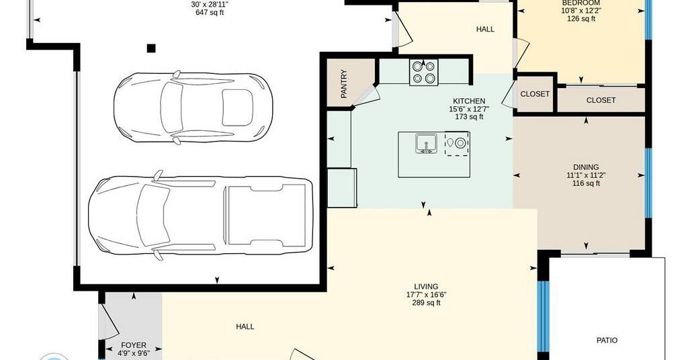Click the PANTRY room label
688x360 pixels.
344,83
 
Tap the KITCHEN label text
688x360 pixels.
469,101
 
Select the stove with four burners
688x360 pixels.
423,72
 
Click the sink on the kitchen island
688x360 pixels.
425,144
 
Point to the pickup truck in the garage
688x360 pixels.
201,215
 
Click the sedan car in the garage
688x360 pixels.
193,107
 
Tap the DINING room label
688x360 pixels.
586,167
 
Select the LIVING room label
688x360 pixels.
426,287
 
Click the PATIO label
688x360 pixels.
607,341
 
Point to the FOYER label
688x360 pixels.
134,345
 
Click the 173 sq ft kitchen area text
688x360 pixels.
469,117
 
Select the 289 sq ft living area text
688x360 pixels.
426,303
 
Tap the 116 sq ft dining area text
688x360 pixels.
586,183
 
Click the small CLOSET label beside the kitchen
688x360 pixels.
535,94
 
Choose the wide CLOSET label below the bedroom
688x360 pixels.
601,101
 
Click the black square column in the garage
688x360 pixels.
151,48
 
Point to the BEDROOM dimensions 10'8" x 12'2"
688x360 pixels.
581,11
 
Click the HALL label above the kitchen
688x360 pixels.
485,30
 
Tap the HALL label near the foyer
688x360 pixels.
245,326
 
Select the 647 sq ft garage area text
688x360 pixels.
210,13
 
